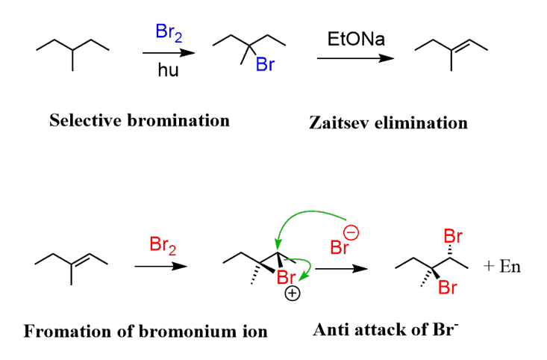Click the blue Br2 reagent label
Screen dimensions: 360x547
tap(169, 32)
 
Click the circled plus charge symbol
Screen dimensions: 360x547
tap(293, 294)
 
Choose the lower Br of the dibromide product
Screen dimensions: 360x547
tap(448, 287)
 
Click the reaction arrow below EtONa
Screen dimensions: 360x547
tap(354, 59)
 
